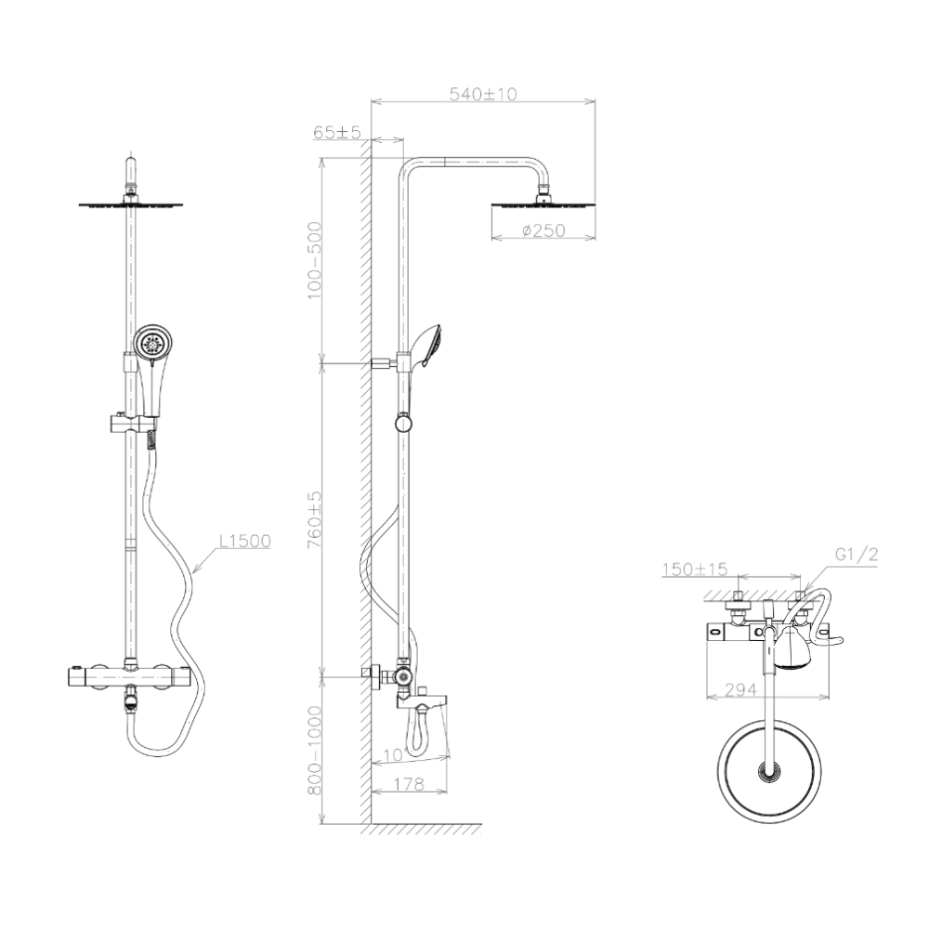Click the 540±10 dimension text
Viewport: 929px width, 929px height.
482,94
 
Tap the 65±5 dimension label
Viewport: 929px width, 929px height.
336,133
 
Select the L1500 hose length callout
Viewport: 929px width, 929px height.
244,541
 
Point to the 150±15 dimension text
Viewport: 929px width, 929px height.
695,569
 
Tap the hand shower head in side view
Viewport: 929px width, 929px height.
428,346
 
